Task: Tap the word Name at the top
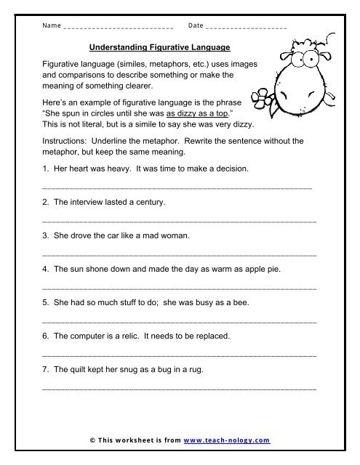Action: click(52, 26)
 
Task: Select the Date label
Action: click(195, 26)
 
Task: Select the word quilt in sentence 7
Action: click(76, 370)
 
